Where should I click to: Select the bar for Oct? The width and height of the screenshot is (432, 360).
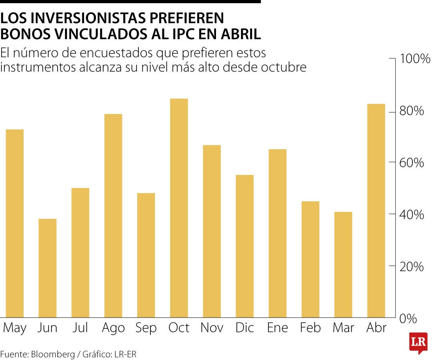179,208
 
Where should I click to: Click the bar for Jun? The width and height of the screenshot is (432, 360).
48,268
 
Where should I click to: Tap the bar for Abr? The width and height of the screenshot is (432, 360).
376,211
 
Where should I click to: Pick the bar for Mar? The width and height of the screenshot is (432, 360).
343,264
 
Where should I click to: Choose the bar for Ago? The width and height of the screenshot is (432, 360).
113,216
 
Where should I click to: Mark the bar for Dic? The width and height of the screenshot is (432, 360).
244,246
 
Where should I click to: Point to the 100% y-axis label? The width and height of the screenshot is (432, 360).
414,60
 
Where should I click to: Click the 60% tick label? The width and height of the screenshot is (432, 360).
411,163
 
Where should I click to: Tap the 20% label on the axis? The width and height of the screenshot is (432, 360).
411,267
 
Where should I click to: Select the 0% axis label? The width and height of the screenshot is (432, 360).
408,319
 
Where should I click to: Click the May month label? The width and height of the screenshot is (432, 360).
15,328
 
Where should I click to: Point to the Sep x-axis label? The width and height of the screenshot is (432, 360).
146,328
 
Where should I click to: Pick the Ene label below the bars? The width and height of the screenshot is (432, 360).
277,328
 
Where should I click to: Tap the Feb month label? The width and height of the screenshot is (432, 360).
310,328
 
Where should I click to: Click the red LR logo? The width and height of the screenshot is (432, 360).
418,342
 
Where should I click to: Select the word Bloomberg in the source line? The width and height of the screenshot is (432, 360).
53,354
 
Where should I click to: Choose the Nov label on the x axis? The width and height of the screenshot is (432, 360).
212,328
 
